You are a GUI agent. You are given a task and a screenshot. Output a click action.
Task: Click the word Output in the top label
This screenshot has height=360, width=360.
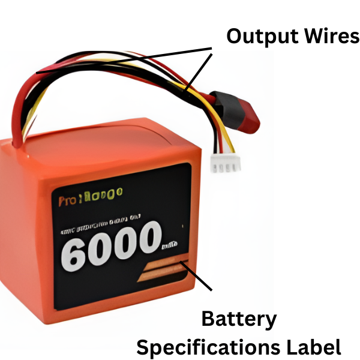coord(257,37)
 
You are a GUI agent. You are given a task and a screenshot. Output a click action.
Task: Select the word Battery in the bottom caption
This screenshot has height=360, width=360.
coord(239,319)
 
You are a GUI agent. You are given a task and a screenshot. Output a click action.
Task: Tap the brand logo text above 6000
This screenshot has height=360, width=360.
coord(91,196)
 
